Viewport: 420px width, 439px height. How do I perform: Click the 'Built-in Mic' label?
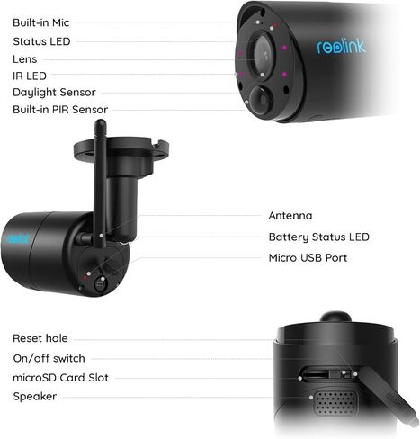click(x=40, y=22)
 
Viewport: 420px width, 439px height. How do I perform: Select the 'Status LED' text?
click(x=41, y=40)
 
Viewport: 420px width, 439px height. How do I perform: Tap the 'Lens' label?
click(x=24, y=58)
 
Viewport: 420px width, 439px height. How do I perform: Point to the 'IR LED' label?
click(x=30, y=76)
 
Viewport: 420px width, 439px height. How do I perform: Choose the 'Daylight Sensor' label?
click(x=54, y=92)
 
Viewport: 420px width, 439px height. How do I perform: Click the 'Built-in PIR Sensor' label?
click(x=60, y=109)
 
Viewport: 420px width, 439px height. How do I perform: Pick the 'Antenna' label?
click(x=290, y=216)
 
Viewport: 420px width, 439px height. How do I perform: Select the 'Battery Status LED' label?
click(x=318, y=237)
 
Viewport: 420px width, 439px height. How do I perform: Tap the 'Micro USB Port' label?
click(x=308, y=257)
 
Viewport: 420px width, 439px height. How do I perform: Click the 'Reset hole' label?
click(x=40, y=338)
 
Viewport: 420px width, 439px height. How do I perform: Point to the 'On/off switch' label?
click(x=49, y=358)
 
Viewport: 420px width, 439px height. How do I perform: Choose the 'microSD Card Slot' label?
click(x=60, y=378)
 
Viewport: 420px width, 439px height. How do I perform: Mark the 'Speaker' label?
click(x=35, y=397)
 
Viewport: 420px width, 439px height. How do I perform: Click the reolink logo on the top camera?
click(x=341, y=46)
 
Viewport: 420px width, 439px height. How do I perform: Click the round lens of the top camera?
click(x=261, y=56)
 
